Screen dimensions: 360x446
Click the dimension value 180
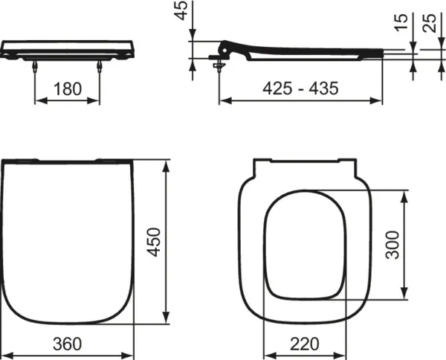68,89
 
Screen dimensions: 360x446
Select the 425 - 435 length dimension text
301,89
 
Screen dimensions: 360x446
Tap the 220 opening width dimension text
305,343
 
